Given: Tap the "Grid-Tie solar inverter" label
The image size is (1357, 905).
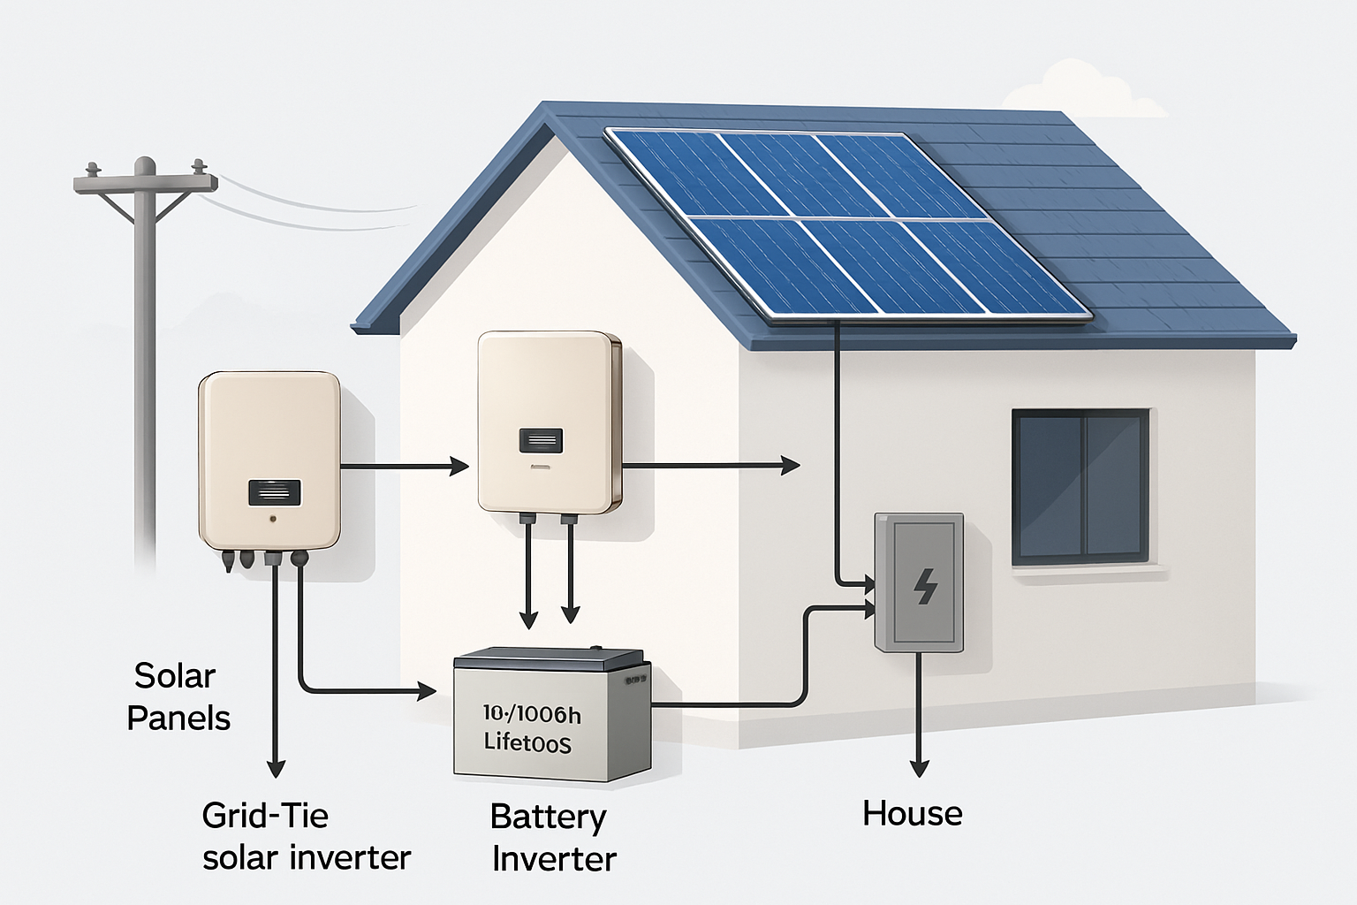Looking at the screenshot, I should pyautogui.click(x=306, y=835).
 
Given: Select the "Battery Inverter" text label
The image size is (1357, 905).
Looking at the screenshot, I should pyautogui.click(x=551, y=837).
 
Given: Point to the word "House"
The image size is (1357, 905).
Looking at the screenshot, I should pyautogui.click(x=912, y=813).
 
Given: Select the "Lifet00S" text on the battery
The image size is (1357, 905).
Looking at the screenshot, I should pyautogui.click(x=527, y=742).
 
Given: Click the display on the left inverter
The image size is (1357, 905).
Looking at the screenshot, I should pyautogui.click(x=275, y=492).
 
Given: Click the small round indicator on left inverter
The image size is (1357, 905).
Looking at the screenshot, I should pyautogui.click(x=274, y=520).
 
